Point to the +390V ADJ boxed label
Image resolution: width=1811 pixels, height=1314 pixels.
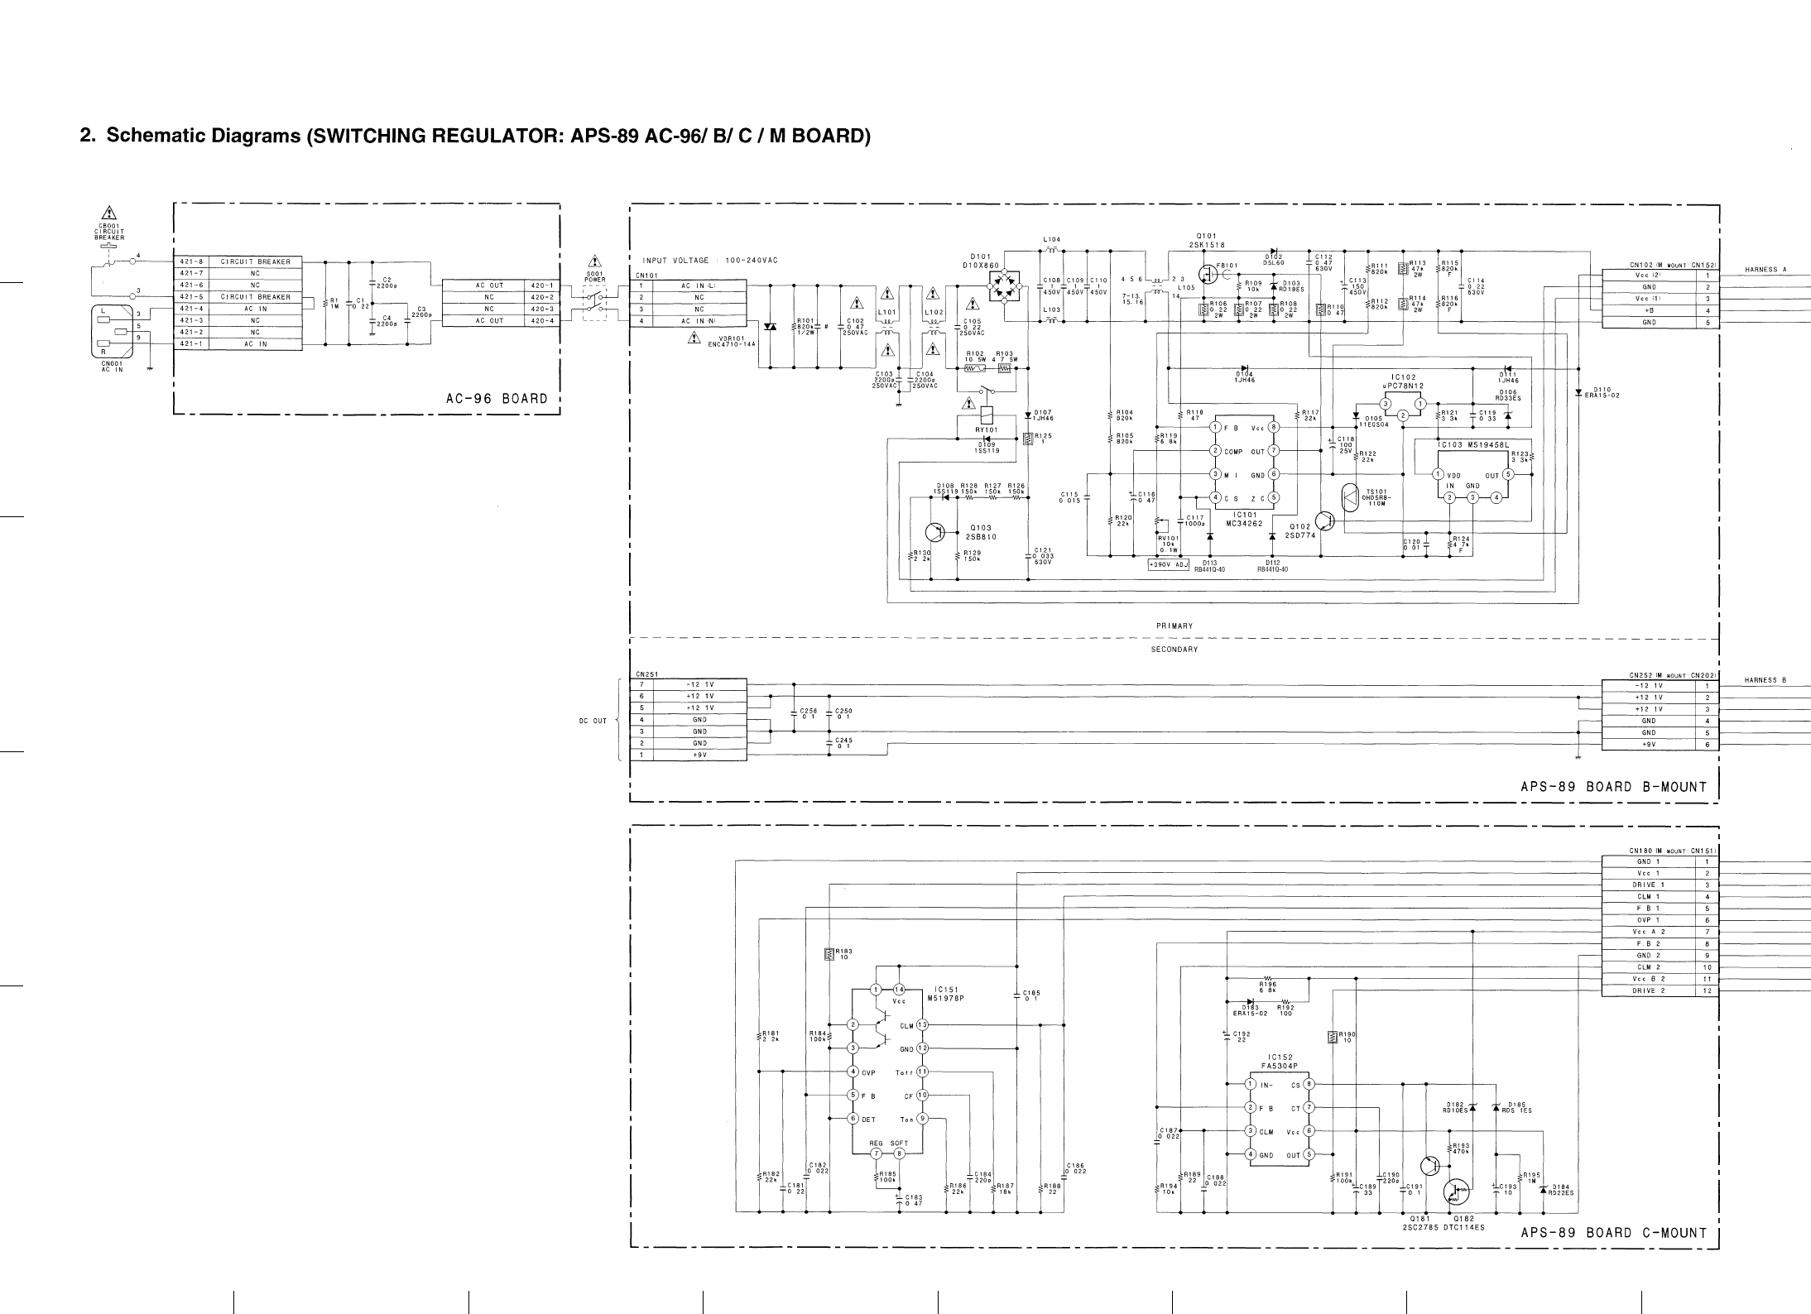click(x=1168, y=565)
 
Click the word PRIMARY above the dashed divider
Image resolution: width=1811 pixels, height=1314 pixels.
click(x=1175, y=626)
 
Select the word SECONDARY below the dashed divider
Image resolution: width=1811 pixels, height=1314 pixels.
click(x=1175, y=650)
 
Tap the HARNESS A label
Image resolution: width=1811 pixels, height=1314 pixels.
click(x=1765, y=270)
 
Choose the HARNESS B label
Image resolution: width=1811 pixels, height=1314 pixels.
click(x=1765, y=680)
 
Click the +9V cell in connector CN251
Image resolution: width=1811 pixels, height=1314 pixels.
click(x=699, y=755)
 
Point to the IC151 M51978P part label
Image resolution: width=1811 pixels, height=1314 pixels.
click(x=947, y=993)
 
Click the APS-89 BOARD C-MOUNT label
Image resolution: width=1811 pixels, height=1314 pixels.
click(x=1613, y=1256)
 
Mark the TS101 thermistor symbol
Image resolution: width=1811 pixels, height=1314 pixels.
click(x=1350, y=498)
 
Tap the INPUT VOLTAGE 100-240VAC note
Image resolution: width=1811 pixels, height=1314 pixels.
click(x=709, y=261)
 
